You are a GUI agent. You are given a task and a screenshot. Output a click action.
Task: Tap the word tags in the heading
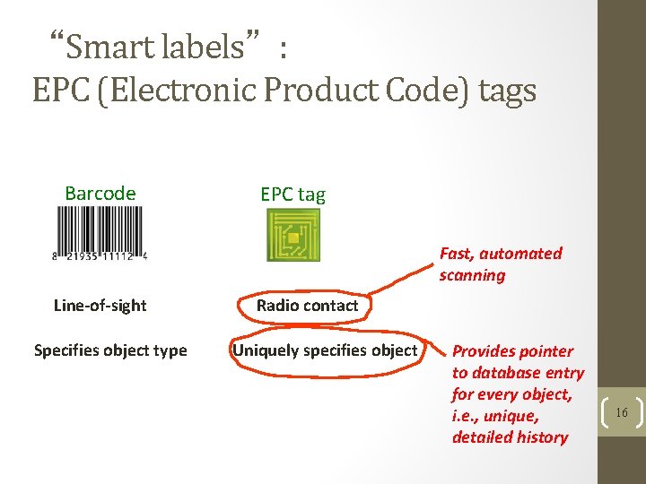tap(507, 91)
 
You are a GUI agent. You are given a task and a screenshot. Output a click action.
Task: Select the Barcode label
tap(100, 194)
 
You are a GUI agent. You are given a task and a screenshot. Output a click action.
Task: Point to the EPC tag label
tap(292, 194)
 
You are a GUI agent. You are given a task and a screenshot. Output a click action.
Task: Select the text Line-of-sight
tap(100, 306)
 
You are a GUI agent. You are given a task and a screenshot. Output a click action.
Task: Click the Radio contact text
tap(307, 306)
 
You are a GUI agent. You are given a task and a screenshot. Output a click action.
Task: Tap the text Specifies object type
tap(110, 350)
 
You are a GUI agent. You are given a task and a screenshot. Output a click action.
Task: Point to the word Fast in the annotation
tap(456, 254)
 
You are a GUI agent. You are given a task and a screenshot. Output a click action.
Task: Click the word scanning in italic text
tap(472, 275)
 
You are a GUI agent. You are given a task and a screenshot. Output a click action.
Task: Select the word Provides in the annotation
tap(484, 351)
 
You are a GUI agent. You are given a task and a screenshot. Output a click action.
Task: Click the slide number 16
tap(622, 413)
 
